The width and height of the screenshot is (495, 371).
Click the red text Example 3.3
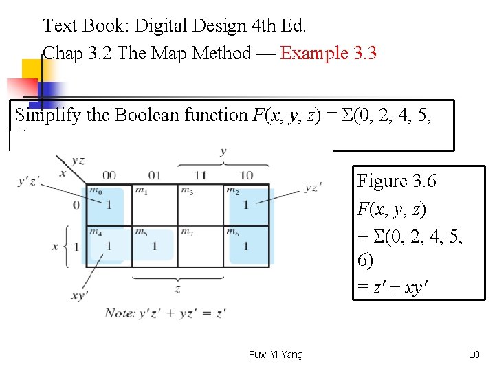click(x=329, y=54)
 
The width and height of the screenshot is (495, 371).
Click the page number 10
click(x=474, y=355)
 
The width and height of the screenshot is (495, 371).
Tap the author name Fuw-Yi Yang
click(x=275, y=355)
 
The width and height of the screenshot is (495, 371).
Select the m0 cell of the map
click(x=108, y=205)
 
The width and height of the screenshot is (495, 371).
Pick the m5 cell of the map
click(x=155, y=245)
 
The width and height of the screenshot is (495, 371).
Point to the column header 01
click(x=154, y=175)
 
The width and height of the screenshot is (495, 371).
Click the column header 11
click(x=201, y=175)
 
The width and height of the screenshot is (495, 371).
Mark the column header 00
click(x=108, y=175)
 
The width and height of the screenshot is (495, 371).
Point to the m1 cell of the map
click(x=155, y=205)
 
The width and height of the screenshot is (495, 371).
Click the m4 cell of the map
click(x=108, y=245)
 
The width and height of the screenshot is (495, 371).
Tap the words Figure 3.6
click(x=397, y=181)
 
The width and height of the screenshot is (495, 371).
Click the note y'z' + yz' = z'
click(x=166, y=313)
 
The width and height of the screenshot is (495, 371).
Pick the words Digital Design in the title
click(x=180, y=27)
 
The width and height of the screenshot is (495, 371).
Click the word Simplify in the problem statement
click(x=47, y=115)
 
